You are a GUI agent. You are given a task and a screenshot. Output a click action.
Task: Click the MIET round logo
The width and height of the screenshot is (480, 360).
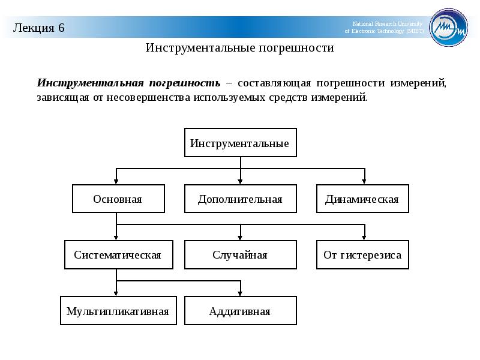pyautogui.click(x=448, y=27)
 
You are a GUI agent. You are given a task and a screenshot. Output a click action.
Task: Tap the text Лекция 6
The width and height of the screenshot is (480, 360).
pyautogui.click(x=38, y=28)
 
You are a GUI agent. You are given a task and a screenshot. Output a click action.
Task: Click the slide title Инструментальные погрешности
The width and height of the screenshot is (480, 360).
pyautogui.click(x=239, y=48)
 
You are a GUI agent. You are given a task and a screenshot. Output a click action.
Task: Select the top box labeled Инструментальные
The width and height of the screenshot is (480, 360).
pyautogui.click(x=241, y=143)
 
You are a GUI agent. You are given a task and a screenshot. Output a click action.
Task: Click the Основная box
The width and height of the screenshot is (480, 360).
pyautogui.click(x=118, y=199)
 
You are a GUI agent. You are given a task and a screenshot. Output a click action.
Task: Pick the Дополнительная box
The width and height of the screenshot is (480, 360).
pyautogui.click(x=241, y=199)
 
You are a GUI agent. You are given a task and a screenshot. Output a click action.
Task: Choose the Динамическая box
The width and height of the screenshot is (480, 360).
pyautogui.click(x=362, y=199)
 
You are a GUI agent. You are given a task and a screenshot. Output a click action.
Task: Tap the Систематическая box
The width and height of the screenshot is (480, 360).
pyautogui.click(x=118, y=254)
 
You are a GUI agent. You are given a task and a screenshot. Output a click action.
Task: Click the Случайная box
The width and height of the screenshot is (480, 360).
pyautogui.click(x=241, y=254)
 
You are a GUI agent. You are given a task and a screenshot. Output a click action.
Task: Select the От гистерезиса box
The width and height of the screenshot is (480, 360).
pyautogui.click(x=362, y=254)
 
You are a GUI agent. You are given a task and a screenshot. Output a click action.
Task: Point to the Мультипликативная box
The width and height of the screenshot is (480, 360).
pyautogui.click(x=118, y=311)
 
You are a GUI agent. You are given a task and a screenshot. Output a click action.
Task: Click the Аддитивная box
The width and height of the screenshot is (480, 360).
pyautogui.click(x=241, y=311)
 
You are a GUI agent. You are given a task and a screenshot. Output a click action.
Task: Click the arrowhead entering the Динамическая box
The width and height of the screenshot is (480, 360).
pyautogui.click(x=364, y=182)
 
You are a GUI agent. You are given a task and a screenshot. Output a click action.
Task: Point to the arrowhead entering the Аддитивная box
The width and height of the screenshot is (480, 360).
pyautogui.click(x=240, y=293)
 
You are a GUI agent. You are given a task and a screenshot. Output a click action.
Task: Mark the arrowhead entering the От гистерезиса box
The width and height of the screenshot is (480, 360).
pyautogui.click(x=364, y=238)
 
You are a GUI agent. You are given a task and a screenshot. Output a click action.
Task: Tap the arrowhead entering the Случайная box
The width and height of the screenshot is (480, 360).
pyautogui.click(x=240, y=238)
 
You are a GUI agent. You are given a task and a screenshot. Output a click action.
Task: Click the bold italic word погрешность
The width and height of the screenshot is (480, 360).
pyautogui.click(x=185, y=83)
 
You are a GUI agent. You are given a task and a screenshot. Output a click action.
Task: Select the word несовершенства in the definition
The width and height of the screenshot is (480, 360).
pyautogui.click(x=148, y=97)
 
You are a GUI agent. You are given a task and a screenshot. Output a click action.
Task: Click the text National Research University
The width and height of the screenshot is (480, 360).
pyautogui.click(x=387, y=23)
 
